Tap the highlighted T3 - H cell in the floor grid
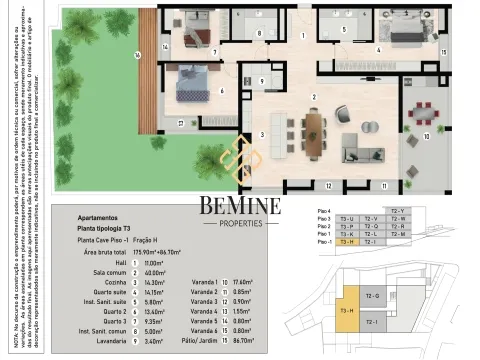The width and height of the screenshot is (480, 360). click(x=348, y=242)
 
